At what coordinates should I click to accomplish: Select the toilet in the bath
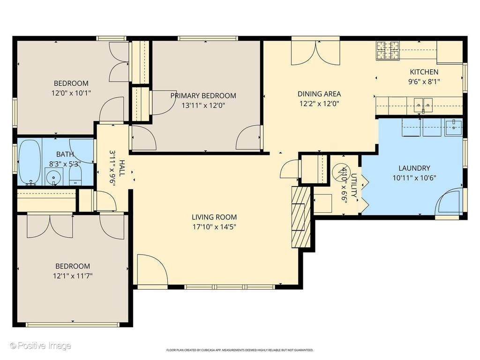coord(75,177)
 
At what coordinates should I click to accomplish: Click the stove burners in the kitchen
coord(388,51)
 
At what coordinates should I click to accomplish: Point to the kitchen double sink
coord(423,105)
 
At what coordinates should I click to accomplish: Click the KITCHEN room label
coord(424,72)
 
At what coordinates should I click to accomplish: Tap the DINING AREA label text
coord(319,94)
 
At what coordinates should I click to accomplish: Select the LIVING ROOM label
coord(214,217)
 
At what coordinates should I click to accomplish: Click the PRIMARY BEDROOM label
coord(203,96)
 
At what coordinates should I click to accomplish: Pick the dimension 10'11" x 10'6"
coord(414,178)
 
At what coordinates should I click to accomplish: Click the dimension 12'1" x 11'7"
coord(73,276)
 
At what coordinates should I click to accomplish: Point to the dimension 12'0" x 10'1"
coord(71,93)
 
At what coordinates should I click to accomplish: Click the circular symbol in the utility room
coord(339,171)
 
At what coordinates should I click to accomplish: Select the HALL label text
coord(122,168)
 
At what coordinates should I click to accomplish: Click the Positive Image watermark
coord(40,346)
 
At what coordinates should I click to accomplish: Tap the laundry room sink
coord(454,127)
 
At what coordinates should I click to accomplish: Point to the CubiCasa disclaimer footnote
coord(240,350)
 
